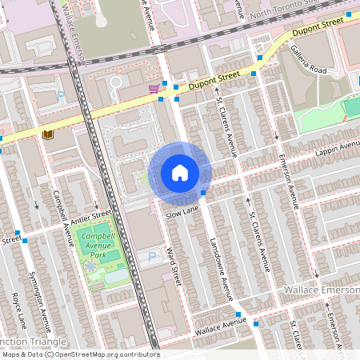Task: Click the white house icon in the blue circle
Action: click(x=180, y=173)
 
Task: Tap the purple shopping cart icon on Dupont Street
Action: click(x=153, y=88)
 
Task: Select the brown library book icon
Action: click(x=48, y=134)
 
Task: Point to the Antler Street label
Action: click(x=92, y=214)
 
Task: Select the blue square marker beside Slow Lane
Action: click(x=203, y=193)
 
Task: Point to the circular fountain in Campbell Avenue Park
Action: click(x=91, y=266)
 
